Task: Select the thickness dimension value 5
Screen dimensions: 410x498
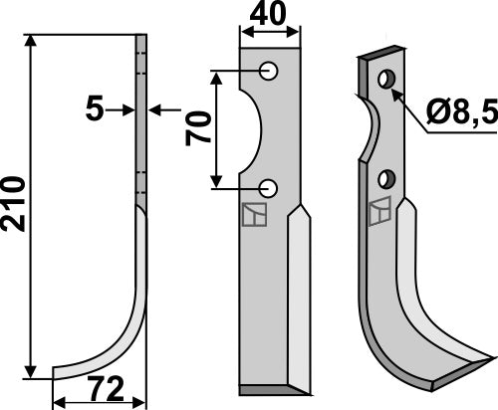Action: tap(95, 108)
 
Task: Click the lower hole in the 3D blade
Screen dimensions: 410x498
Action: tap(388, 178)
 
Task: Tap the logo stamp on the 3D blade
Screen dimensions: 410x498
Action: tap(378, 211)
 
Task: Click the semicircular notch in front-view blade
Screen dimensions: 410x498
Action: tap(249, 129)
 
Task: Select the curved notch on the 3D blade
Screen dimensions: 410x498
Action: tap(371, 129)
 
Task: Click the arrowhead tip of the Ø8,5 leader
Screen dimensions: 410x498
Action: tap(395, 92)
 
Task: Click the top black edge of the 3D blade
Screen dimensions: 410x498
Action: tap(378, 55)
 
